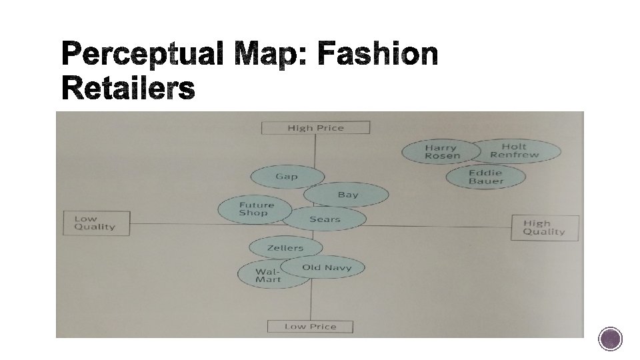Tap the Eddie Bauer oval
[x=486, y=177]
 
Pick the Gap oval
[x=287, y=177]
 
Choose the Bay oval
[x=347, y=195]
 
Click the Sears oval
[x=325, y=219]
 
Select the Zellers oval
[x=285, y=248]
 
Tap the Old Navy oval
[x=327, y=267]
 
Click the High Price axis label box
[x=315, y=127]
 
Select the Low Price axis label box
[x=310, y=326]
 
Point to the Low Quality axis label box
[x=95, y=223]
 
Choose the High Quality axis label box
[x=544, y=228]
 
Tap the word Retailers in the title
[x=129, y=89]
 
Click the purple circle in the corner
[x=610, y=339]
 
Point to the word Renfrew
[x=514, y=155]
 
